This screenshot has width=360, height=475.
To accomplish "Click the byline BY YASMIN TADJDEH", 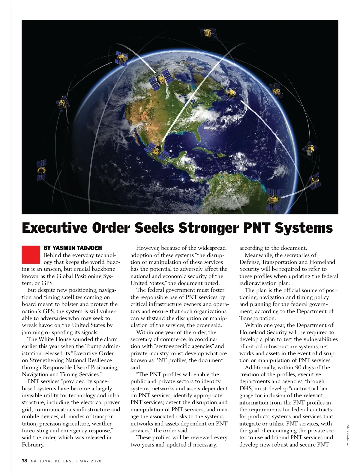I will click(x=73, y=248).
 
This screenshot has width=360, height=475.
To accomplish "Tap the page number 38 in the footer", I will click(x=25, y=461).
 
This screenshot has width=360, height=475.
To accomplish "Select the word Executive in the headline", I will click(x=55, y=228).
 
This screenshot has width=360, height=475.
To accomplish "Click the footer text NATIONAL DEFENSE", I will click(x=52, y=461).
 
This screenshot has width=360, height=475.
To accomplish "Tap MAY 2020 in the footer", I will click(x=91, y=461).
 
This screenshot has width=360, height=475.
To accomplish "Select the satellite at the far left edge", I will click(x=41, y=170).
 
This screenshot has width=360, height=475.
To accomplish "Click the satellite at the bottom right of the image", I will click(x=274, y=199).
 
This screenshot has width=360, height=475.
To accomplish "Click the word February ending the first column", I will click(x=33, y=445).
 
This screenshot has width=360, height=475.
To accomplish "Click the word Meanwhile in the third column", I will click(x=258, y=255).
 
